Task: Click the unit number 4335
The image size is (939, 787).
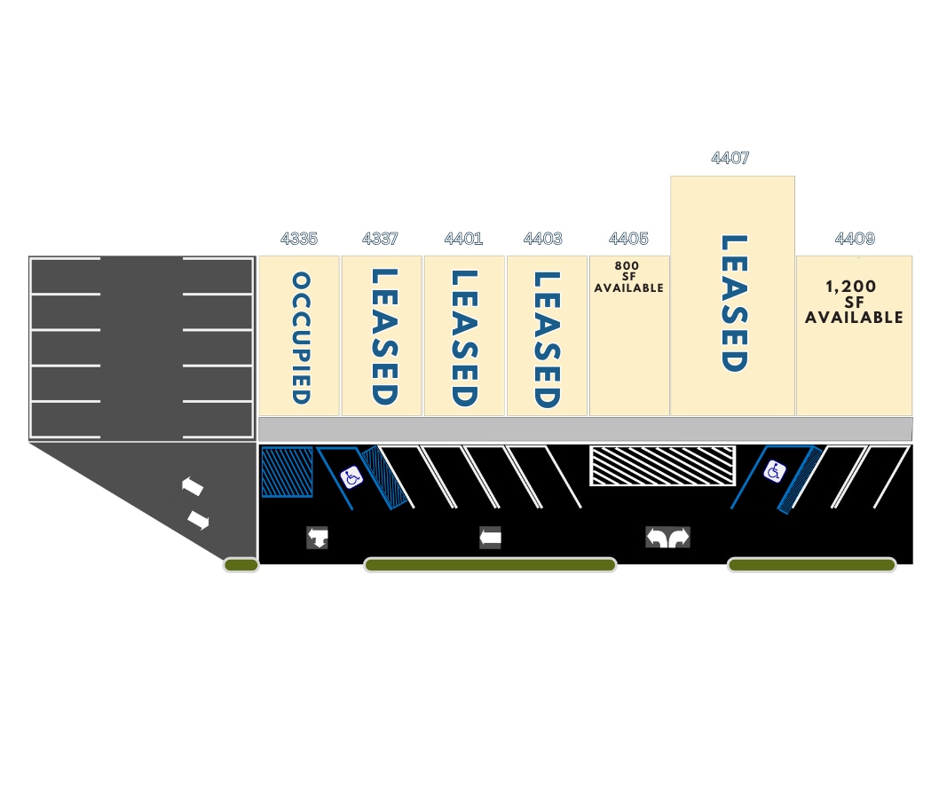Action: click(299, 239)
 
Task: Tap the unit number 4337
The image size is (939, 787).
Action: click(381, 239)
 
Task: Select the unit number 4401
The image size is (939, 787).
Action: click(463, 239)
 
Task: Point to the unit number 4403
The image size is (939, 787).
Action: click(543, 239)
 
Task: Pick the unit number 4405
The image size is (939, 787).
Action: click(628, 239)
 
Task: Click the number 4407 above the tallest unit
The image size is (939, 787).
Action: click(730, 158)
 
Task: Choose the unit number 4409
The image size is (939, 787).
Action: click(855, 239)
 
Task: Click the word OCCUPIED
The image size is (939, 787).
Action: click(302, 338)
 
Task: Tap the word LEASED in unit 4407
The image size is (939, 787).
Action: click(733, 303)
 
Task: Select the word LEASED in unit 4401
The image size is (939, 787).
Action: click(464, 338)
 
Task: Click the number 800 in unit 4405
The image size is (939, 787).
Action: click(627, 265)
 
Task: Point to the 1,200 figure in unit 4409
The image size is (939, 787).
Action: click(851, 287)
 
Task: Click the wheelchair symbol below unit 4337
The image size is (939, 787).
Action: click(351, 478)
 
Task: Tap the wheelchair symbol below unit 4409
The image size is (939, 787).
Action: click(774, 471)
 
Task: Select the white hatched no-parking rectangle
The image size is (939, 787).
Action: click(662, 466)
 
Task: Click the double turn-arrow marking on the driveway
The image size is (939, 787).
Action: click(667, 537)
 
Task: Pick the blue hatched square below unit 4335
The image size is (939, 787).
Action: click(287, 472)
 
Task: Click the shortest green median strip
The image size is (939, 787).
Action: click(241, 564)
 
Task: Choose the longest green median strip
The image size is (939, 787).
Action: click(490, 564)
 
